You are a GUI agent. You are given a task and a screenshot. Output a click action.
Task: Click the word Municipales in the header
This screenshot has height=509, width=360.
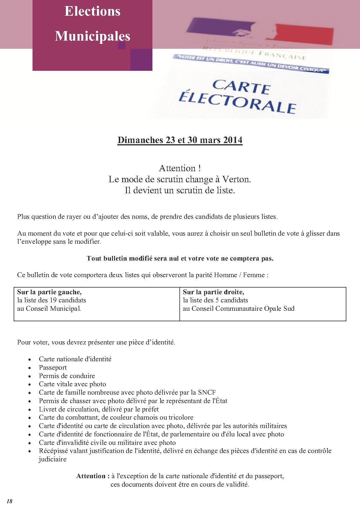(x=92, y=36)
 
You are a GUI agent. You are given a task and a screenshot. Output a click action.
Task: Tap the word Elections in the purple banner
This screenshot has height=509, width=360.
(x=92, y=12)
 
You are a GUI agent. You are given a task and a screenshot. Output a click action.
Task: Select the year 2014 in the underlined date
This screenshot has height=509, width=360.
(x=233, y=140)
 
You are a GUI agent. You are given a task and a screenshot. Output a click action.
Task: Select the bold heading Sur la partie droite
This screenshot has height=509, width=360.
(x=213, y=292)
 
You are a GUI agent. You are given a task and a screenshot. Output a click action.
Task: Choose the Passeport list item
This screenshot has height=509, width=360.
(x=53, y=367)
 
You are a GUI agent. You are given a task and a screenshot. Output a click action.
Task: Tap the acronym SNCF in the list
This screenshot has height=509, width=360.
(x=207, y=393)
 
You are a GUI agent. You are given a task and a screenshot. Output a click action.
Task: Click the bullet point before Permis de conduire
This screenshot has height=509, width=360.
(x=30, y=376)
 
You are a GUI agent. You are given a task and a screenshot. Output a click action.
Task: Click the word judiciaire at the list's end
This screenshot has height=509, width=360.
(x=53, y=459)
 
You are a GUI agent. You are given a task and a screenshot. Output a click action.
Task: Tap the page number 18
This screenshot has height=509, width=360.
(x=9, y=501)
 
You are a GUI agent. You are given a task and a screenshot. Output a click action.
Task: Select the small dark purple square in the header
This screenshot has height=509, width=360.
(x=122, y=45)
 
